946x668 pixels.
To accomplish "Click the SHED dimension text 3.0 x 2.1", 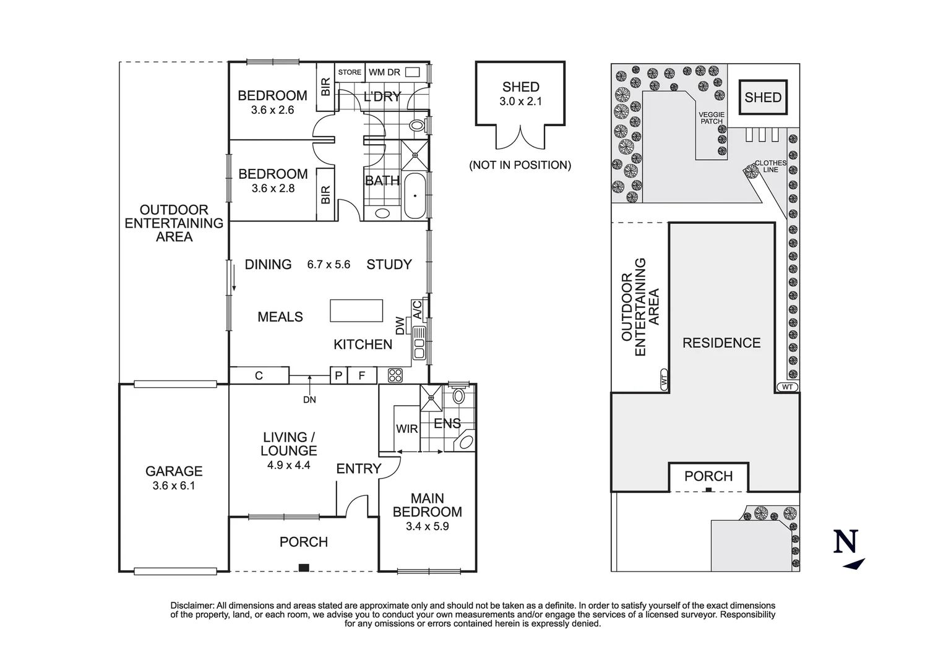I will coord(520,101).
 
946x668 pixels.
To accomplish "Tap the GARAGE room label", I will coord(174,471).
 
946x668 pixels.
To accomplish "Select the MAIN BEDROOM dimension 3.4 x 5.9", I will coord(427,527).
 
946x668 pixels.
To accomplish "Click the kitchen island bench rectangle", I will coord(356,310).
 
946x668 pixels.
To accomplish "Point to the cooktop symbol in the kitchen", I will coord(395,375).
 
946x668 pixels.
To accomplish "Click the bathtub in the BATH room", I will coord(415,195).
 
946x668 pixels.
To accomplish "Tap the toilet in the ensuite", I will coord(458,396).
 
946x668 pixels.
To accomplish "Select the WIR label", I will coord(406,429).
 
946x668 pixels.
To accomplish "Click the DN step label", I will coord(309,400).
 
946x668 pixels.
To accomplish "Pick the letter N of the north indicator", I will coord(846,542).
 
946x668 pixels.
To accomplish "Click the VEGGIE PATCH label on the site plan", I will coord(712,118).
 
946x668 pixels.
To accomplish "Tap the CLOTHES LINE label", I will coord(770,166).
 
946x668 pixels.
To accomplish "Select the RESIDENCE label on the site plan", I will coord(721,343).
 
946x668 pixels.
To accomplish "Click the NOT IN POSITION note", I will coord(520,165).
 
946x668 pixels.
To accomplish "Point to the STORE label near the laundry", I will coord(350,72).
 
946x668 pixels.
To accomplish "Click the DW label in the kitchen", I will coord(400,326).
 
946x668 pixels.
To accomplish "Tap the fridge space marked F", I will coord(362,375).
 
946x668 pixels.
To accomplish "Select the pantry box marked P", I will coord(338,375).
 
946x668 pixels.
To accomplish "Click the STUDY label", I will coord(389,265).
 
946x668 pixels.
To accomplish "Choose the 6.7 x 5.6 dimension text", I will coord(329,265).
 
